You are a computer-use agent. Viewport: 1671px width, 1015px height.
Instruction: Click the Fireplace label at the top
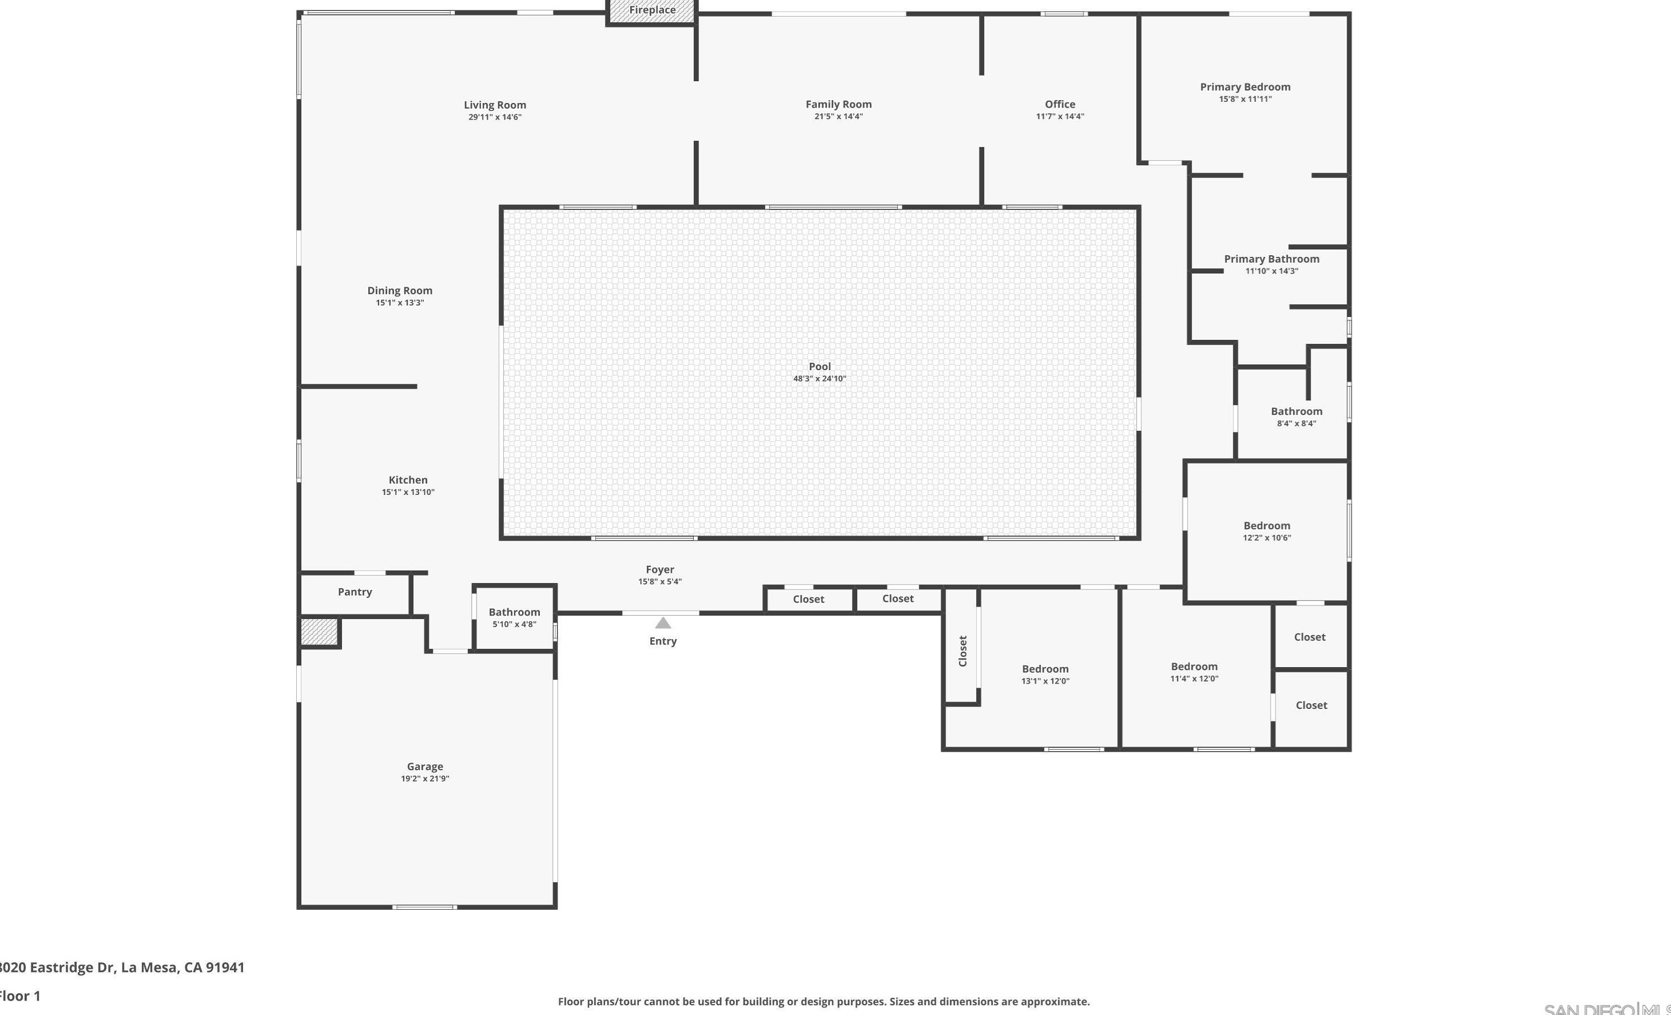click(652, 10)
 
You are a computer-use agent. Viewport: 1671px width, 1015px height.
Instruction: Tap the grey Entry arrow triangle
click(663, 623)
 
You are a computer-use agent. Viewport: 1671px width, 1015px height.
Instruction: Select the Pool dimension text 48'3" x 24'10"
click(819, 379)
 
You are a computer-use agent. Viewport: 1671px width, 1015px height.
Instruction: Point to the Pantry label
click(355, 592)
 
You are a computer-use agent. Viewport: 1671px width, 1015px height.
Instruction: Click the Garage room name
click(424, 766)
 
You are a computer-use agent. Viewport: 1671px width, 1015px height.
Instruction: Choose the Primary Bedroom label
click(1244, 87)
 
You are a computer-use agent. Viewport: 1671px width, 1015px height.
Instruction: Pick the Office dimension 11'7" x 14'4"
click(1059, 117)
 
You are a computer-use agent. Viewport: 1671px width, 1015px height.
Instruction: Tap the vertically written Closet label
click(962, 651)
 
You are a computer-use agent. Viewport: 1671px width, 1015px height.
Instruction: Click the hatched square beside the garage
click(320, 632)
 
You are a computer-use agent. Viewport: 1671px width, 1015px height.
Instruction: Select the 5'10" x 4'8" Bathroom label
click(514, 612)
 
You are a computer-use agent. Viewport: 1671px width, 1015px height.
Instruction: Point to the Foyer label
click(659, 569)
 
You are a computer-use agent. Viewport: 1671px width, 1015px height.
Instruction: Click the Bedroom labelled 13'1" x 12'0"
click(1045, 669)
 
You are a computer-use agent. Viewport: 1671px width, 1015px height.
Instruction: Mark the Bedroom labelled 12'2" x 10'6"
click(1266, 526)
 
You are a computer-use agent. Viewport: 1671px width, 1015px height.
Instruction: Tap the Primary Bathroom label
click(1271, 259)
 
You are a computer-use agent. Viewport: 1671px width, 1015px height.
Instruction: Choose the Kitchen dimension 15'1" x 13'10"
click(408, 493)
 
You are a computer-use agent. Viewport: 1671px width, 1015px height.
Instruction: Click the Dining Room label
click(399, 291)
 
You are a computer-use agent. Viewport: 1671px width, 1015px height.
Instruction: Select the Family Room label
click(838, 104)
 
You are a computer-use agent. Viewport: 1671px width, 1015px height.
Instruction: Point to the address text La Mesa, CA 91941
click(182, 968)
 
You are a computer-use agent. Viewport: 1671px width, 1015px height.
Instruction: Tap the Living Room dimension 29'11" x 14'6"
click(495, 117)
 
